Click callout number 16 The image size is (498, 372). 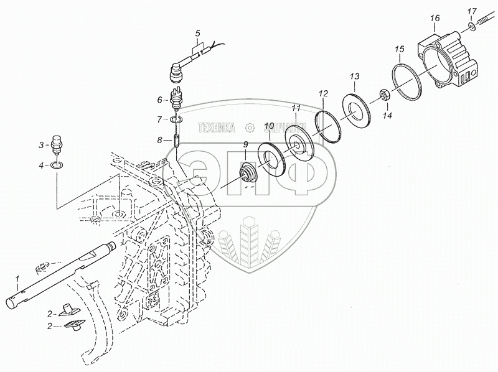click(435, 19)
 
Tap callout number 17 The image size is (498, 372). click(472, 11)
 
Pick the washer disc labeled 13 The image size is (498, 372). click(358, 109)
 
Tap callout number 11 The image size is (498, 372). click(296, 108)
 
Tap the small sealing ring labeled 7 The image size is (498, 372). click(176, 119)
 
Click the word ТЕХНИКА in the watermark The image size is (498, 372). click(216, 128)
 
